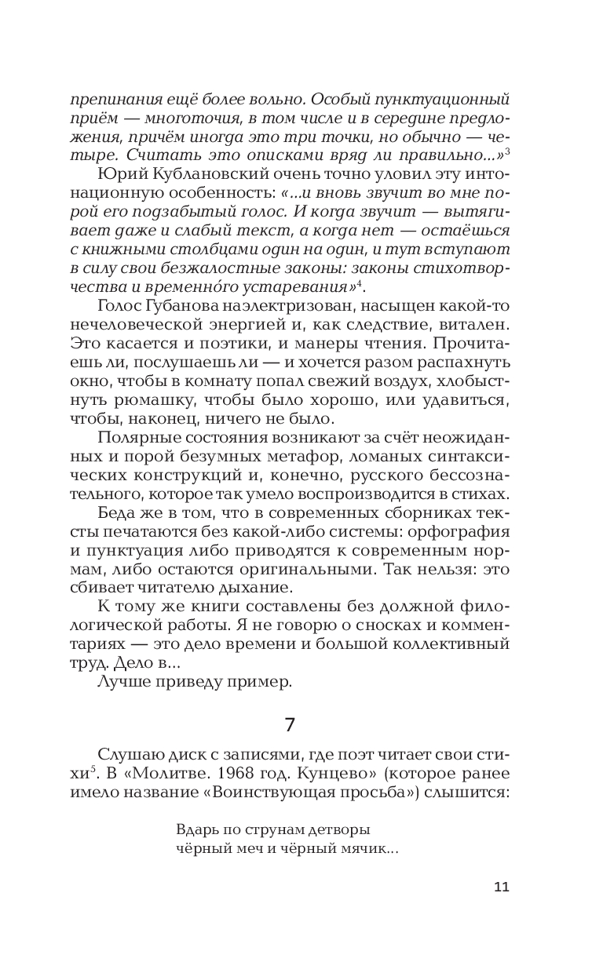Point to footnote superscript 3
(509, 148)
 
